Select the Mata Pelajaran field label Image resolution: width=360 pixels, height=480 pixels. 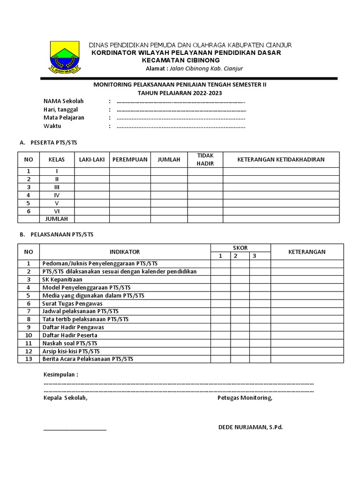[x=64, y=118]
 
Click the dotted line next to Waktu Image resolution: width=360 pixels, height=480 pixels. [x=181, y=127]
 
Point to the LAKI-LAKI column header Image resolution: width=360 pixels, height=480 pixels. [x=92, y=159]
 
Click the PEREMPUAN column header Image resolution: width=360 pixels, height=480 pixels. [x=130, y=159]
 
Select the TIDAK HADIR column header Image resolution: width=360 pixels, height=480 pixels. [x=205, y=159]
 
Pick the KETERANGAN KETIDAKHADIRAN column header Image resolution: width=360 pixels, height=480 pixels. [x=281, y=159]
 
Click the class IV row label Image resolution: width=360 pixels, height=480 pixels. [x=57, y=195]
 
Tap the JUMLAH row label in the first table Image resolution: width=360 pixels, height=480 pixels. [x=57, y=219]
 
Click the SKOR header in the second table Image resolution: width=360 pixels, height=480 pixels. [x=240, y=247]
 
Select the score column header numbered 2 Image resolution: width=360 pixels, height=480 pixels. [x=236, y=256]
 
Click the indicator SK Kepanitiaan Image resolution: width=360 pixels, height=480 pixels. [x=62, y=279]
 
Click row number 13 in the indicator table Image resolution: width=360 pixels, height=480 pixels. [x=29, y=359]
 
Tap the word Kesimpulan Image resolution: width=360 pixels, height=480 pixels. [x=60, y=375]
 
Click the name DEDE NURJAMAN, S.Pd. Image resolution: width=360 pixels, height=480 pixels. [x=250, y=427]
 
